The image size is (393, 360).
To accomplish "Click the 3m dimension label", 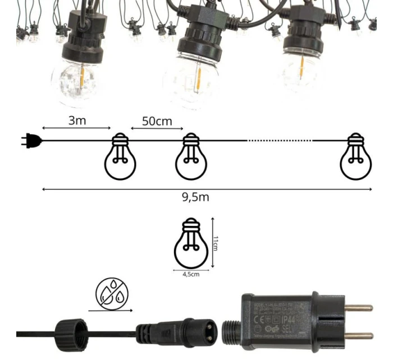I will tap(77, 120).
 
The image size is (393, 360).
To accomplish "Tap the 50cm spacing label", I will tap(157, 121).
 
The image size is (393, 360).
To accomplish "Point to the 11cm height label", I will tap(216, 243).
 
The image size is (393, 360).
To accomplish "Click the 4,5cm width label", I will tap(190, 274).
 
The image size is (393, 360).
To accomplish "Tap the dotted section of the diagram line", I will tap(279, 140).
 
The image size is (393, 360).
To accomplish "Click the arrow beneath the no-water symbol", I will tap(111, 310).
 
